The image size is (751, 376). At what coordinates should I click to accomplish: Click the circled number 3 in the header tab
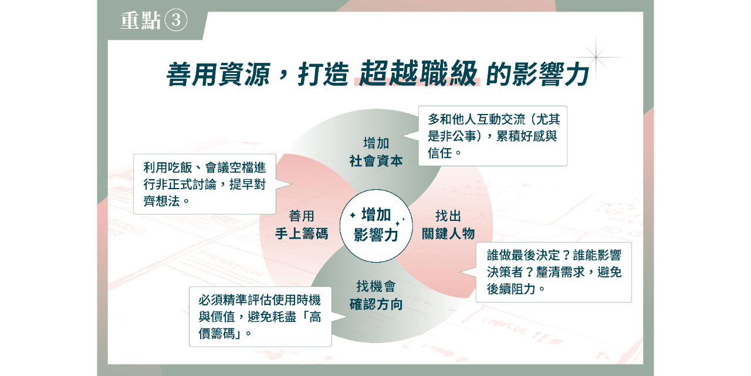pyautogui.click(x=175, y=21)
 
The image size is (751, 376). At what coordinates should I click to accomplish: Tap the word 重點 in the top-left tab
pyautogui.click(x=141, y=22)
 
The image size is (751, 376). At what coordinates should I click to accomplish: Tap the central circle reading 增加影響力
pyautogui.click(x=376, y=226)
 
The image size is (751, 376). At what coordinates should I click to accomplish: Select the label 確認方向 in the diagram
pyautogui.click(x=376, y=304)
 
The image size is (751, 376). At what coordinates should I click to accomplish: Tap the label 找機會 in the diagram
pyautogui.click(x=376, y=287)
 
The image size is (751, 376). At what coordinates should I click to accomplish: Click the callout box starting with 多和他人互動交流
pyautogui.click(x=493, y=136)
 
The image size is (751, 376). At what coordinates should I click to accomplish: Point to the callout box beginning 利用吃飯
pyautogui.click(x=204, y=184)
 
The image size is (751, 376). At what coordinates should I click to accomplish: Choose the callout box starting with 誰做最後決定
pyautogui.click(x=553, y=272)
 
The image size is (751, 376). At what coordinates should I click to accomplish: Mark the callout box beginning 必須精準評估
pyautogui.click(x=260, y=317)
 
